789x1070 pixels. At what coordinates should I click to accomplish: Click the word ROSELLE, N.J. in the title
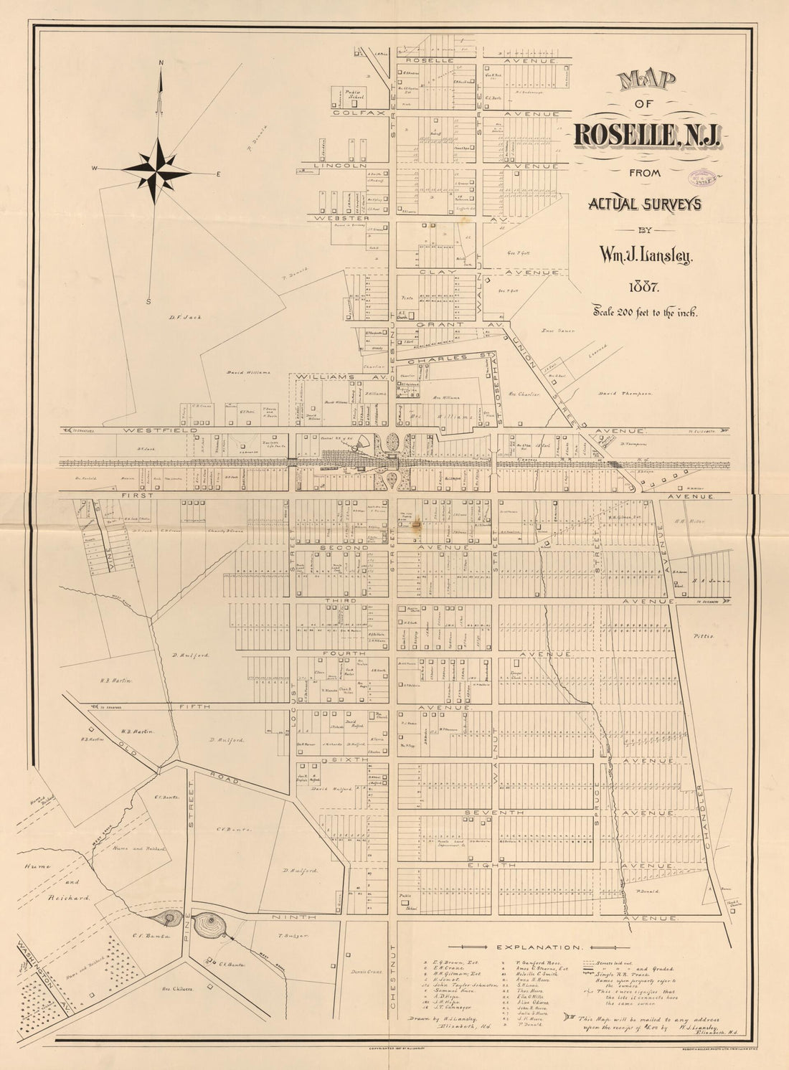[x=648, y=134]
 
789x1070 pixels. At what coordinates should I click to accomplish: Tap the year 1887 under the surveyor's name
[x=643, y=288]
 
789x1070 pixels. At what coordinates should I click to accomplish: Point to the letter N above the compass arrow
[x=161, y=62]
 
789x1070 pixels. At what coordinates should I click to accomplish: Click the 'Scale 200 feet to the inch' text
[x=644, y=312]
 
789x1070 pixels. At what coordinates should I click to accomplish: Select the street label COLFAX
[x=349, y=113]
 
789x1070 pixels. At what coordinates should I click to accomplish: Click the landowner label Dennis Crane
[x=366, y=972]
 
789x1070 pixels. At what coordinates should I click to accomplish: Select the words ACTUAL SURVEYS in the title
[x=644, y=204]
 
